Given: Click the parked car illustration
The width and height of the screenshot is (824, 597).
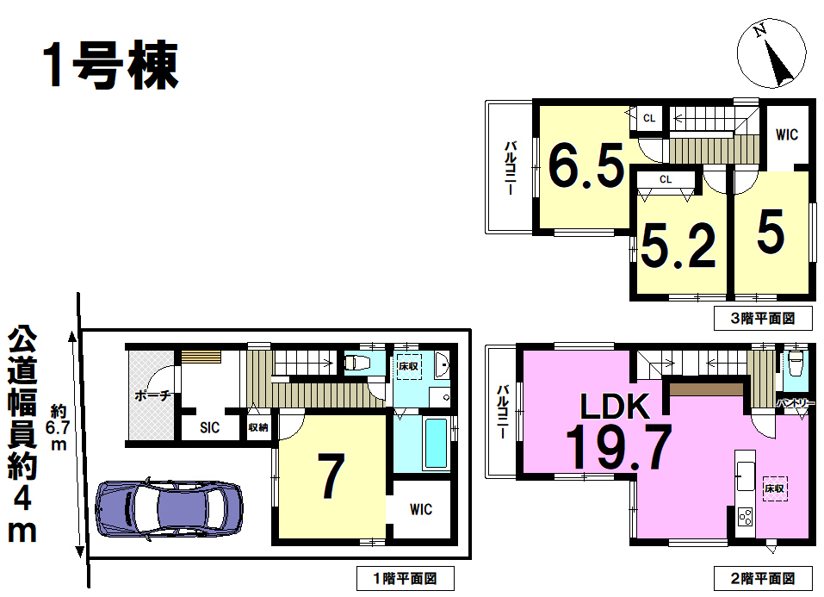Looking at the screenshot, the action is pyautogui.click(x=169, y=508).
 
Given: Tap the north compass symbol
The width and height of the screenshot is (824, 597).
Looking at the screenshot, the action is pyautogui.click(x=771, y=53).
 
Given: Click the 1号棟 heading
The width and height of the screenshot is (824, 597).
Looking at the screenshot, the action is pyautogui.click(x=111, y=65).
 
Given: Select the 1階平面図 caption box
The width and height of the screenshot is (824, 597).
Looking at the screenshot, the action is pyautogui.click(x=406, y=579).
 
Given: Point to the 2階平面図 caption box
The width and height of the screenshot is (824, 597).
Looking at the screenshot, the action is pyautogui.click(x=763, y=579).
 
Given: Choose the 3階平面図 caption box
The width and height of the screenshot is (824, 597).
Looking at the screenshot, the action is pyautogui.click(x=763, y=318).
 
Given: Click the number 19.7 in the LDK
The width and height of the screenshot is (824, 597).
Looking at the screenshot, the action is pyautogui.click(x=618, y=447).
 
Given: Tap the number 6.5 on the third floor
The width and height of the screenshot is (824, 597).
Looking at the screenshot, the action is pyautogui.click(x=586, y=165).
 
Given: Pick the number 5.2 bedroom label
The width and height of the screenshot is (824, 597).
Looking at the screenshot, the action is pyautogui.click(x=678, y=246).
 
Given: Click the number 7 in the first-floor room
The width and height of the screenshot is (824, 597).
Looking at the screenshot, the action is pyautogui.click(x=331, y=476).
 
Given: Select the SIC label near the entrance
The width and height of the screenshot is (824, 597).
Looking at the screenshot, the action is pyautogui.click(x=210, y=427).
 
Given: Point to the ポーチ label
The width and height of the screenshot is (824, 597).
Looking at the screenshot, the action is pyautogui.click(x=152, y=395).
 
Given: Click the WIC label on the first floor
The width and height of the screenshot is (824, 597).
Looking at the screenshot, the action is pyautogui.click(x=421, y=509).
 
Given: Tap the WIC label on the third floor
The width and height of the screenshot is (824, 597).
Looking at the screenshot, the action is pyautogui.click(x=787, y=134).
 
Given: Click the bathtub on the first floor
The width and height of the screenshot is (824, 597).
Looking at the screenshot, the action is pyautogui.click(x=436, y=444).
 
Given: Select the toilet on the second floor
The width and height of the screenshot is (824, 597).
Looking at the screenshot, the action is pyautogui.click(x=794, y=363).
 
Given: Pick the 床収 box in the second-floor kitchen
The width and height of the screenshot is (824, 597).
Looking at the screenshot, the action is pyautogui.click(x=775, y=488).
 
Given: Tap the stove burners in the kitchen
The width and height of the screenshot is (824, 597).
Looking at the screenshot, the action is pyautogui.click(x=745, y=517).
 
